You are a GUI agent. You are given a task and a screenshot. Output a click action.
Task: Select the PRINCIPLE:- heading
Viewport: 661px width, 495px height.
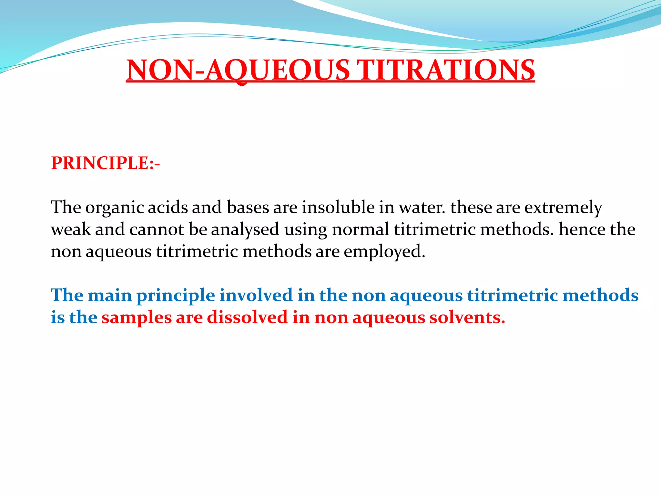(106, 163)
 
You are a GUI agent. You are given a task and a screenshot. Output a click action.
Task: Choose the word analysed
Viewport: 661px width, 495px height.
(245, 230)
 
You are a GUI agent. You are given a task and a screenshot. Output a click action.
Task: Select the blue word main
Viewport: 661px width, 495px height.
(110, 295)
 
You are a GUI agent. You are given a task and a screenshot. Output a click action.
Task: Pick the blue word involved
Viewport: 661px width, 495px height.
(256, 295)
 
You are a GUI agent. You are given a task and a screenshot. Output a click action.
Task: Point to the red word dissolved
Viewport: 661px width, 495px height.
(247, 317)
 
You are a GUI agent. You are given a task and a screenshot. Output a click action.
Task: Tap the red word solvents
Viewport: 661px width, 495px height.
(467, 317)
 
